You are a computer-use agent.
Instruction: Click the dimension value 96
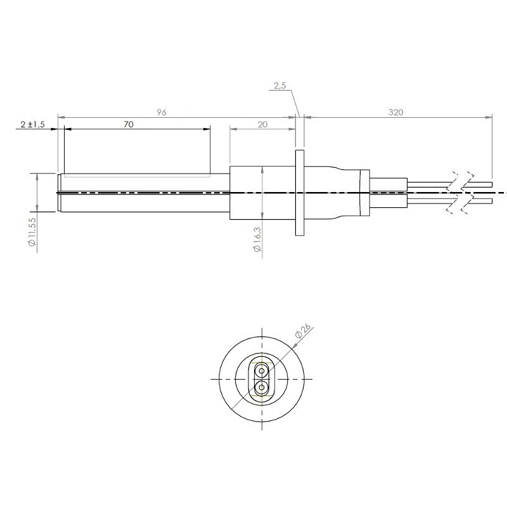(162, 112)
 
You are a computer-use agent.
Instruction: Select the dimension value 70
(129, 124)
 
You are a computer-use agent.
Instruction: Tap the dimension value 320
(395, 112)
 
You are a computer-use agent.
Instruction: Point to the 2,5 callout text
(280, 86)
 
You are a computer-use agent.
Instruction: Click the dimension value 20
(263, 124)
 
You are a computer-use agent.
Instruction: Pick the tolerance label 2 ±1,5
(33, 124)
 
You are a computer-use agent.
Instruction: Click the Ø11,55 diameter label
(32, 232)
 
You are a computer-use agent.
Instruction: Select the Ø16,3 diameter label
(257, 239)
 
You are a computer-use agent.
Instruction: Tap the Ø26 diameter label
(303, 331)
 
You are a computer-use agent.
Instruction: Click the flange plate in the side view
(300, 193)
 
